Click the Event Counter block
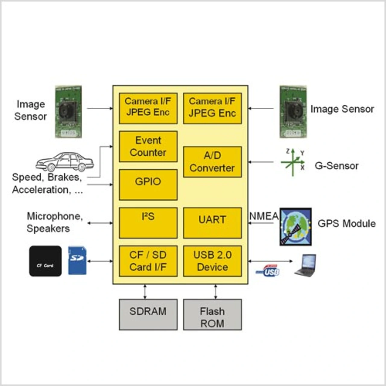click(x=148, y=147)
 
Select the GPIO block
click(x=148, y=185)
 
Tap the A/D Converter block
click(x=212, y=162)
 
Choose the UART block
click(x=212, y=223)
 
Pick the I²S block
click(x=148, y=223)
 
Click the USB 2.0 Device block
click(x=212, y=261)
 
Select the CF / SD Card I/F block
click(x=148, y=261)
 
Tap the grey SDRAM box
click(x=148, y=315)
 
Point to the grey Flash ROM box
click(x=212, y=315)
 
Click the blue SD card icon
click(x=77, y=261)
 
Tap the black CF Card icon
click(x=45, y=261)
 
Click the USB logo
click(x=268, y=271)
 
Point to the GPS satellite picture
click(x=296, y=226)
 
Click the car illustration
click(x=65, y=162)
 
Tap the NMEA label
click(x=264, y=216)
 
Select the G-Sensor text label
click(x=337, y=166)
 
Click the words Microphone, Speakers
click(x=54, y=222)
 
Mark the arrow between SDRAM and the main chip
click(x=145, y=292)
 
